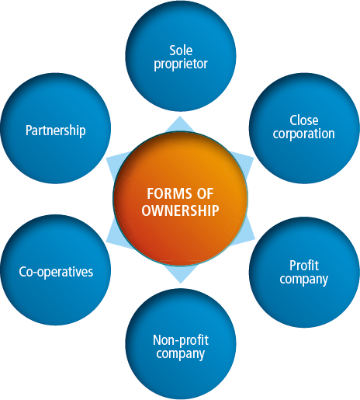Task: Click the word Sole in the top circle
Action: point(180,50)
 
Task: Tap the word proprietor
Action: point(180,64)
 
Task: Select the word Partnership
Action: point(55,130)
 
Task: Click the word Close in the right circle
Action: point(304,120)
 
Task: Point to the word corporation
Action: point(304,134)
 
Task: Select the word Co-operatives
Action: point(56,272)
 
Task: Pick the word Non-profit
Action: point(181,341)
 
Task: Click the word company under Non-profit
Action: point(181,354)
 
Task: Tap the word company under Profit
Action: point(303,278)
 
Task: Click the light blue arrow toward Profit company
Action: point(247,231)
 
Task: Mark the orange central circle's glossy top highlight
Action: point(180,151)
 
